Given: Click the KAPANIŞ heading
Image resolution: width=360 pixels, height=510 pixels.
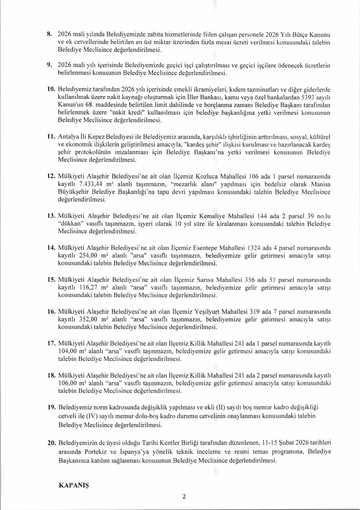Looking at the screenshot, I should [x=74, y=485].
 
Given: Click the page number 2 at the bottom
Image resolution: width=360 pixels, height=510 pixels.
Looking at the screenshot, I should [x=184, y=496].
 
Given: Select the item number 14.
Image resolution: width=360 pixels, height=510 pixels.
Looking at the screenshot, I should [x=51, y=248].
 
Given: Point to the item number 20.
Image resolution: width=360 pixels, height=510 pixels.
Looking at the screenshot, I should [x=51, y=443].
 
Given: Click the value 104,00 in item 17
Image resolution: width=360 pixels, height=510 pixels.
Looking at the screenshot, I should [x=68, y=351].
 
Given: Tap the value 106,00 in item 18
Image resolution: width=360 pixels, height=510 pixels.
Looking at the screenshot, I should [x=68, y=383].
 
